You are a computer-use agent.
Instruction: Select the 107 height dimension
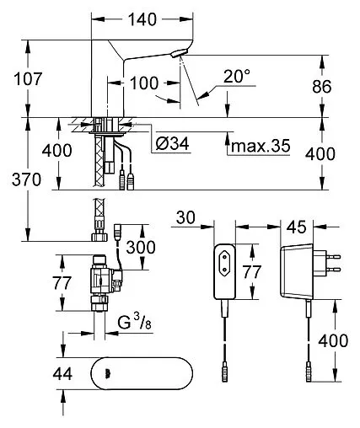pyautogui.click(x=20, y=81)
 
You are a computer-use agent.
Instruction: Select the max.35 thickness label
pyautogui.click(x=261, y=146)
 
